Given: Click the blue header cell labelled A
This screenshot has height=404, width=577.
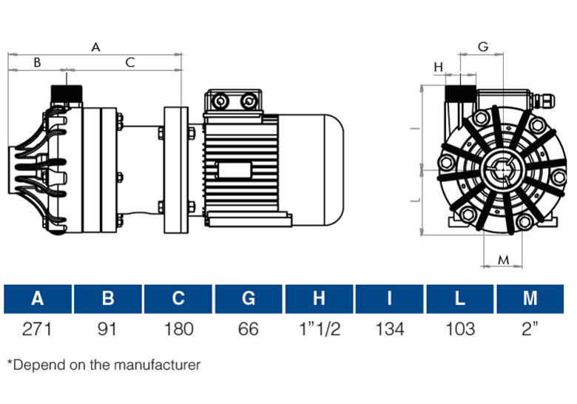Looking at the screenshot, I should coord(37,299).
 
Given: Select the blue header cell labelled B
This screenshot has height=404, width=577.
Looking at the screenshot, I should coord(107,299).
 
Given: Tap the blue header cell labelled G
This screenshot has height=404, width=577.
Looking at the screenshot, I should coord(249,299).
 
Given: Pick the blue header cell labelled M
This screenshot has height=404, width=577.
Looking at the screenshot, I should coord(530,299).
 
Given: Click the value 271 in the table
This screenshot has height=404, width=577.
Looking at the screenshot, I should coord(37,329).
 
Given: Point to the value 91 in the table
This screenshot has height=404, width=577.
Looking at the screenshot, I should coord(107,329).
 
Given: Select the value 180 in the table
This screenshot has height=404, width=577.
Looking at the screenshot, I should coord(178,329).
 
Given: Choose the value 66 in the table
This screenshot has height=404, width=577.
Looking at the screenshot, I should coord(249,329).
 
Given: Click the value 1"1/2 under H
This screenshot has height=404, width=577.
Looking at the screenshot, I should coord(320,329).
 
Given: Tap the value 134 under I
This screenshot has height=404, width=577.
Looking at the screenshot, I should coord(390,329).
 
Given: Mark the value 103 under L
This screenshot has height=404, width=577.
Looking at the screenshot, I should coord(460,329).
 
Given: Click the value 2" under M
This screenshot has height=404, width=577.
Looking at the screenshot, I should coord(530,329).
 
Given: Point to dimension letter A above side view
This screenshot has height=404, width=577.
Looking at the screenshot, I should coord(95,47).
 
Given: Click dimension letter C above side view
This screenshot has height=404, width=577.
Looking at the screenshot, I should coord(129,63).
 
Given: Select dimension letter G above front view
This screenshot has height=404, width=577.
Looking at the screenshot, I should coord(483,47).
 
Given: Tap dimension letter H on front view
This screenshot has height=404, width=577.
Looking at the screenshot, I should coord(438,67).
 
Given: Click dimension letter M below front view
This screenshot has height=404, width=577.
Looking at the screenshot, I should coord(503,260).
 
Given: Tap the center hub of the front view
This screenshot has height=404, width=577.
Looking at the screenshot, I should coord(502,169).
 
